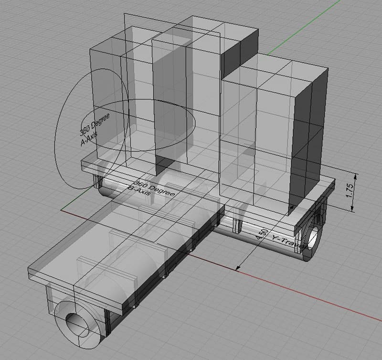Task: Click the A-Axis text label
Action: [x=89, y=138]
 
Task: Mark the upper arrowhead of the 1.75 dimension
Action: [x=353, y=175]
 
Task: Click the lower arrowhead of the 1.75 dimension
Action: [x=353, y=210]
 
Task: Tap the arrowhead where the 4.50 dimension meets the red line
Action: [x=236, y=269]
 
